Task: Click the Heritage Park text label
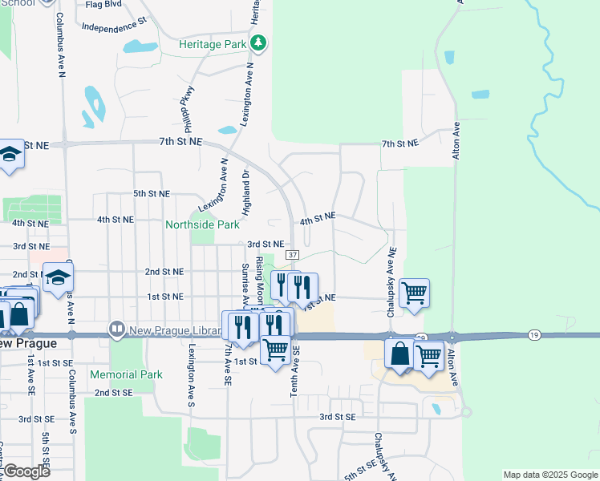coord(212,45)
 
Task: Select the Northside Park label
coord(202,225)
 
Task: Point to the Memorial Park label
coord(126,374)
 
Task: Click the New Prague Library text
coord(174,329)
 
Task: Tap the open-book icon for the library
coord(117,329)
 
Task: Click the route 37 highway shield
coord(293,255)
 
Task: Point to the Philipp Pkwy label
coord(189,109)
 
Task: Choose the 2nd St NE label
coord(164,272)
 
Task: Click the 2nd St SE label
coord(113,393)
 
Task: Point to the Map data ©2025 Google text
coord(549,475)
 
